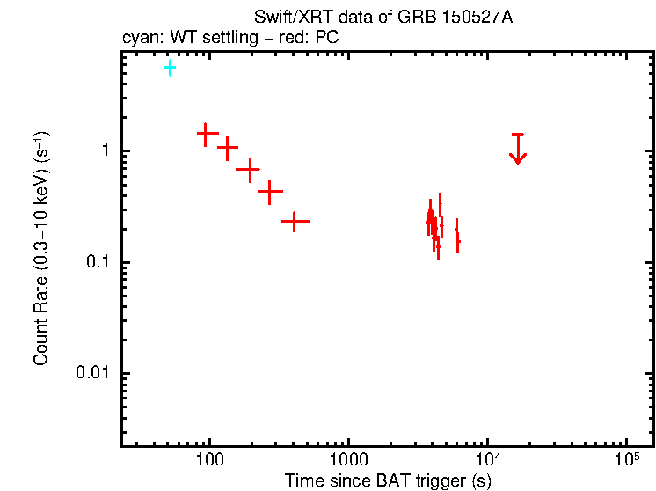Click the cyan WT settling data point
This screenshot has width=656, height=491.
pyautogui.click(x=170, y=68)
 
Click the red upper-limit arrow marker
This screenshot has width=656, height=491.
pyautogui.click(x=518, y=150)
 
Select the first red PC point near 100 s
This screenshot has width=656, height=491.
pyautogui.click(x=207, y=134)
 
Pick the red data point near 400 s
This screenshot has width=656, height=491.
pyautogui.click(x=295, y=221)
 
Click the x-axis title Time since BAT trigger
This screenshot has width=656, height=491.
pyautogui.click(x=388, y=480)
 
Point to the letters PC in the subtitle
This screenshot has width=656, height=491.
pyautogui.click(x=329, y=39)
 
